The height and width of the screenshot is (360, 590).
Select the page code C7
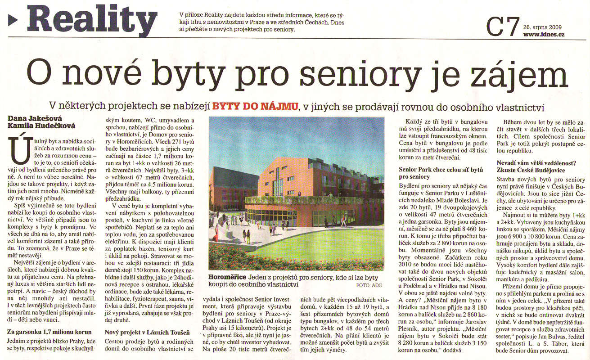pos(503,27)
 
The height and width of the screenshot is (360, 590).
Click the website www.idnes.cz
pos(544,35)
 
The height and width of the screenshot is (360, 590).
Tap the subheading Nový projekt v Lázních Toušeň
pos(147,333)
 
